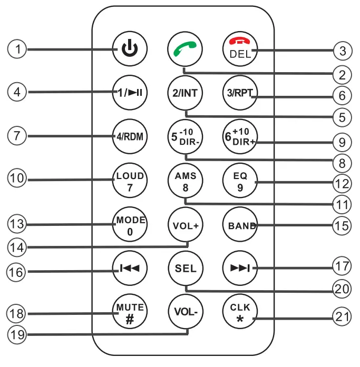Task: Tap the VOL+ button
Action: tap(184, 225)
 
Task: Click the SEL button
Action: tap(184, 269)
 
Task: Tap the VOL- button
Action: tap(184, 311)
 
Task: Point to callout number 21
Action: tap(342, 318)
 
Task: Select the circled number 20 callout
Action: tap(342, 290)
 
